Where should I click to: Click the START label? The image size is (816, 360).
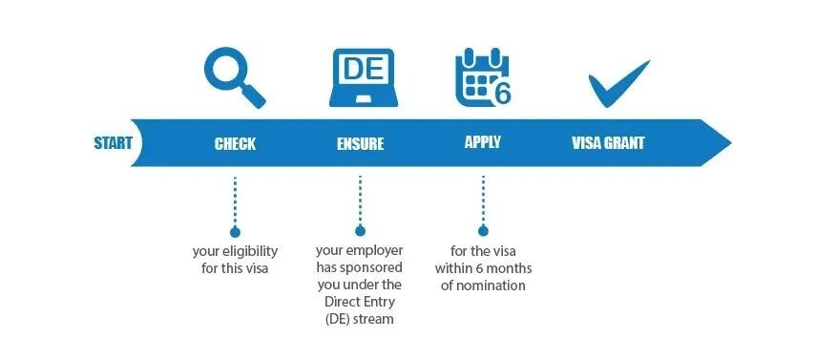click(114, 144)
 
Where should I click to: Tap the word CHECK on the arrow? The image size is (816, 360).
click(235, 144)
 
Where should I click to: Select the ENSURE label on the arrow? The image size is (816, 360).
click(360, 144)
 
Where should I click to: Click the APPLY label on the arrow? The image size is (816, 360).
click(482, 142)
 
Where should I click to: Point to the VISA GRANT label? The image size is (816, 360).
click(608, 144)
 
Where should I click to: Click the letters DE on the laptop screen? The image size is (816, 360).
click(360, 69)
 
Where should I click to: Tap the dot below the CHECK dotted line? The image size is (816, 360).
click(235, 231)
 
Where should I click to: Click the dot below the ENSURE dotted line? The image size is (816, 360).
click(360, 231)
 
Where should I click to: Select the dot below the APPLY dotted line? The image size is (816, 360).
click(483, 231)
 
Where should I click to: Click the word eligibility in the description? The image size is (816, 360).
click(250, 251)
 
